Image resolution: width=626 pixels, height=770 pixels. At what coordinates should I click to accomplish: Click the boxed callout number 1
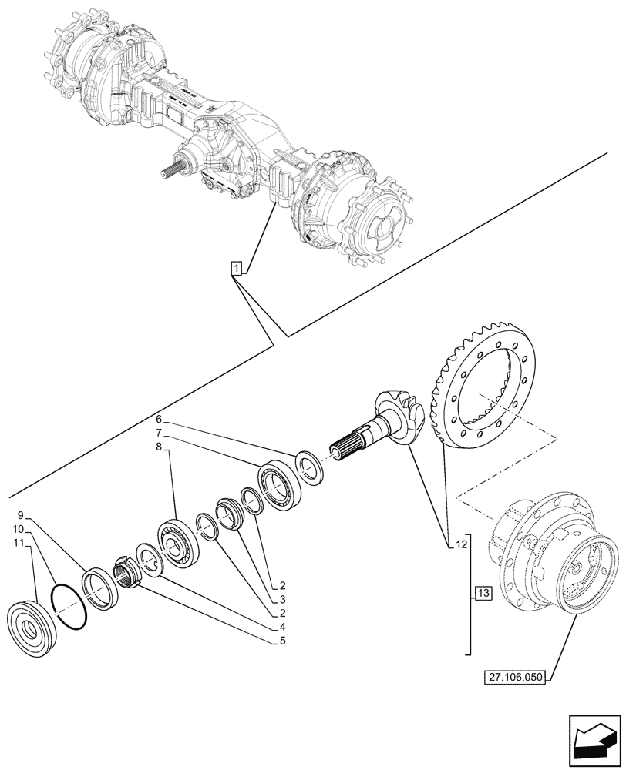coord(237,268)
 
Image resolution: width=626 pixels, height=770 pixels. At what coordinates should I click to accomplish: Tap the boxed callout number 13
coord(483,593)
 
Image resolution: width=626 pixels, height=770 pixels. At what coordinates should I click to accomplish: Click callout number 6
coord(159,420)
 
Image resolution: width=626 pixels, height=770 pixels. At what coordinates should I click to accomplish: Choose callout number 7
coord(159,433)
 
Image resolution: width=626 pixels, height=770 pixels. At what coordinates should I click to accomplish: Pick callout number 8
coord(159,446)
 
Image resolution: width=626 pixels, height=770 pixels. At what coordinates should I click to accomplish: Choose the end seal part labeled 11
coord(29,632)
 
